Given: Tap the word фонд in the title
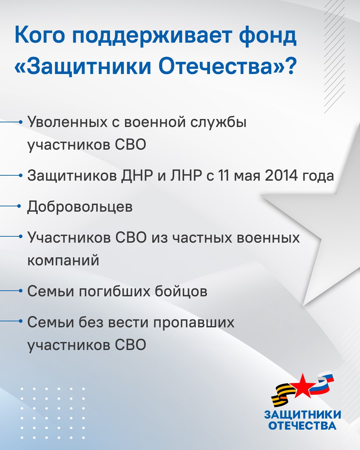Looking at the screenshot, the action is (268, 36).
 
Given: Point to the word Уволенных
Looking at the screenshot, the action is (67, 122).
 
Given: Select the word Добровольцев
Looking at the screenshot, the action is (80, 207).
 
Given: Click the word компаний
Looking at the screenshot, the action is (63, 261).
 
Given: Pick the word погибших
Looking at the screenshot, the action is (114, 291).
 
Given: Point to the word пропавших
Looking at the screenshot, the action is (194, 323).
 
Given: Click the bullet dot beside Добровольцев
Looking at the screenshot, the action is (20, 206).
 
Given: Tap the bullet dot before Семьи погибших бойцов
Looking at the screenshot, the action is (20, 291).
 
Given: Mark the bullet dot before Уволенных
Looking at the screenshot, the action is (20, 122).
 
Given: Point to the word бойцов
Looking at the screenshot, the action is (181, 291).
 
